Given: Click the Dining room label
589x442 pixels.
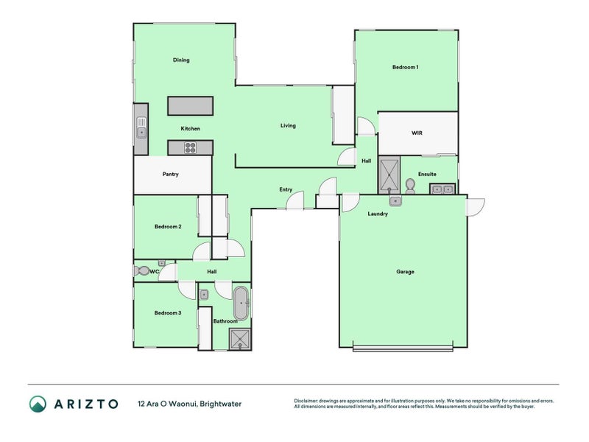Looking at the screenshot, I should point(181,60).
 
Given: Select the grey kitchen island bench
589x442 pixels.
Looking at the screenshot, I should point(190,106).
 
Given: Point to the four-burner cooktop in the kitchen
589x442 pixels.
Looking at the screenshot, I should point(190,148).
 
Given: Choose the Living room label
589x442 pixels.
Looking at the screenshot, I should point(288,125).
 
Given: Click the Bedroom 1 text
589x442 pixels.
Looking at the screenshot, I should point(405,68).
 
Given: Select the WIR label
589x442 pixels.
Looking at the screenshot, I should point(416,133).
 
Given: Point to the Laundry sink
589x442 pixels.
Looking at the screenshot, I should point(395,200).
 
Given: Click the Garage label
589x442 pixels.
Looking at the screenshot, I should point(405,272).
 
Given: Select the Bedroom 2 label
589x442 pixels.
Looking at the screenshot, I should point(168,227).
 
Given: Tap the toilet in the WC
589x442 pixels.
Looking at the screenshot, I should point(141,271).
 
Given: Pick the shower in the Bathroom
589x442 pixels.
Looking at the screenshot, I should point(240,339).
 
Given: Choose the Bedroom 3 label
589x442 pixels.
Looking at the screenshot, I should point(168,313).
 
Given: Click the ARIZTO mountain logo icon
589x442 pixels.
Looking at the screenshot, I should point(38,404).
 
